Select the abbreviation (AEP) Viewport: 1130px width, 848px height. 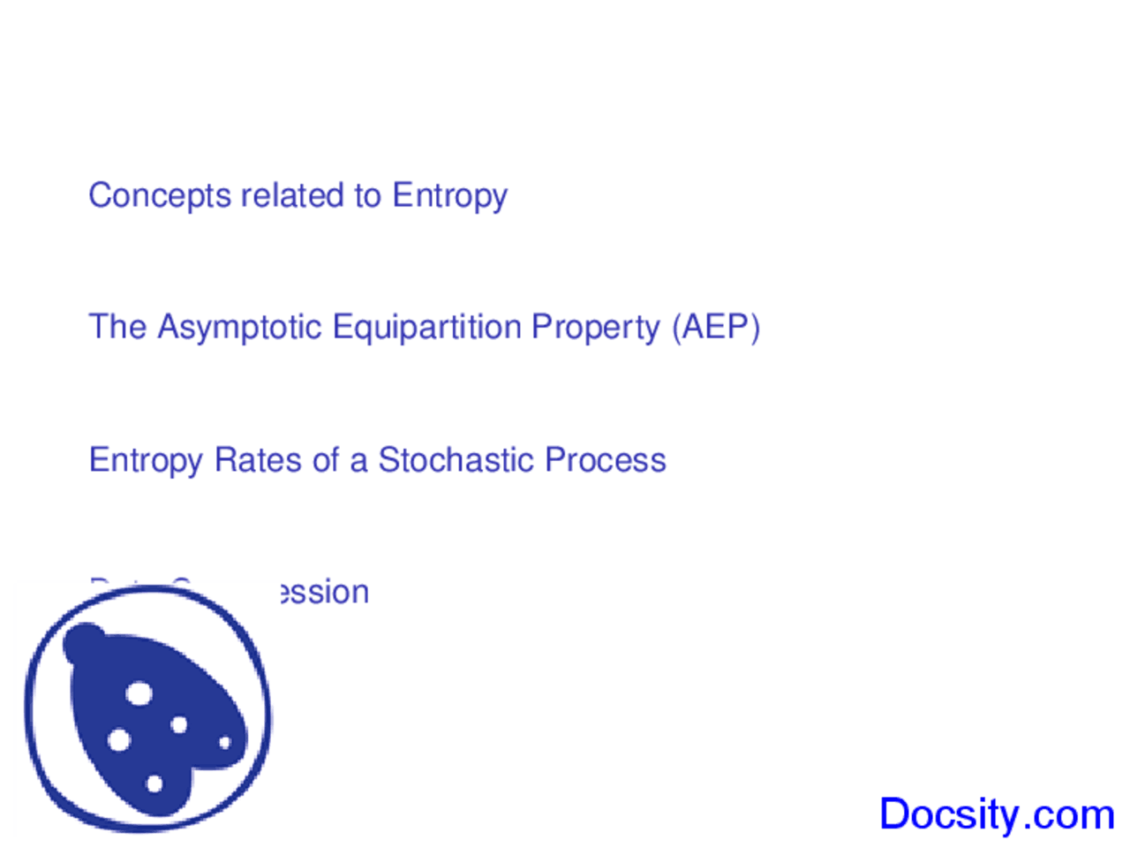pos(715,328)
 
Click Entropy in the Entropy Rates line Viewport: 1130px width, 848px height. pos(146,461)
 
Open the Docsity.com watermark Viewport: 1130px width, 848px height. pos(997,814)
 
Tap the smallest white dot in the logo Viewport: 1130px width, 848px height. pos(224,743)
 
